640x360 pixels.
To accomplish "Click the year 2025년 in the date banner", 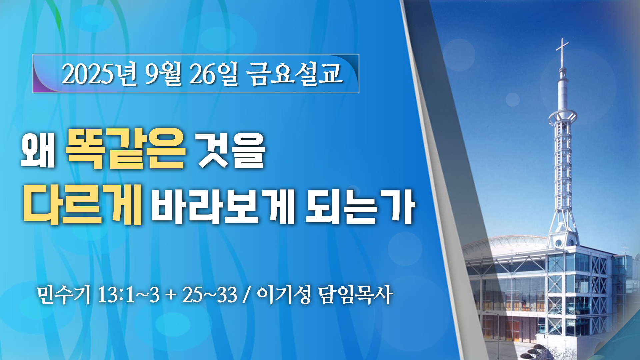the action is (99, 74).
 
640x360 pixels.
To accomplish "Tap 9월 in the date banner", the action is (163, 74).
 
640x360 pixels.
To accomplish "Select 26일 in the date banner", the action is (214, 74).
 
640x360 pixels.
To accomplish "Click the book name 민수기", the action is (64, 295).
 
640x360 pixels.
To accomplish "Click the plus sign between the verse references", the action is (171, 296).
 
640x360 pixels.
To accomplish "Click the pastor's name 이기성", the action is (284, 295).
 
